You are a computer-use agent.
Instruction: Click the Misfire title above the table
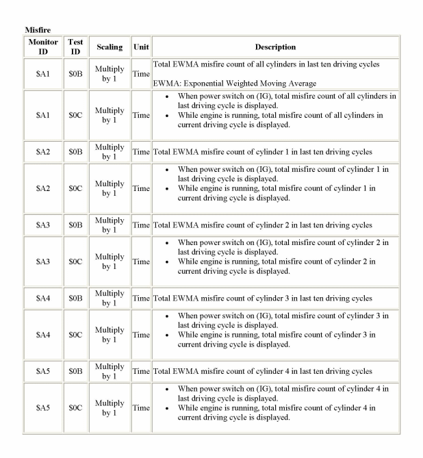tap(38, 30)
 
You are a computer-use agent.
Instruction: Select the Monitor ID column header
tap(42, 47)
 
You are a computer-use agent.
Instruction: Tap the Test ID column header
tap(75, 47)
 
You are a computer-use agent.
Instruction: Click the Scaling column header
tap(110, 47)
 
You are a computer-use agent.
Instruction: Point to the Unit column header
tap(141, 47)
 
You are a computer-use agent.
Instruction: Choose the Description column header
tap(275, 47)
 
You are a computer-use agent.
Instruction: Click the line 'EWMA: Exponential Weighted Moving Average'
tap(234, 84)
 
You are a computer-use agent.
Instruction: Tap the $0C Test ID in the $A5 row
tap(75, 408)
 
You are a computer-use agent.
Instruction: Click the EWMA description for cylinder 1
tap(262, 151)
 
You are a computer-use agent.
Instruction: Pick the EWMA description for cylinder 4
tap(262, 372)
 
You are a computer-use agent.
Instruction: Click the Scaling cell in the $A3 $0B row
tap(110, 225)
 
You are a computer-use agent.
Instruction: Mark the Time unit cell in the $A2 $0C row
tap(141, 188)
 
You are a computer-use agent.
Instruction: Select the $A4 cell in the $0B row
tap(42, 298)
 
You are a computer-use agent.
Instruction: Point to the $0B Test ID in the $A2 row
tap(75, 151)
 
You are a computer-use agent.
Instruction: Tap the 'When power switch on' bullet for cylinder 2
tap(282, 247)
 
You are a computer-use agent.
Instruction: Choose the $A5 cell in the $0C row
tap(42, 408)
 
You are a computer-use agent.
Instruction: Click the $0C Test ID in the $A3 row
tap(75, 262)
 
